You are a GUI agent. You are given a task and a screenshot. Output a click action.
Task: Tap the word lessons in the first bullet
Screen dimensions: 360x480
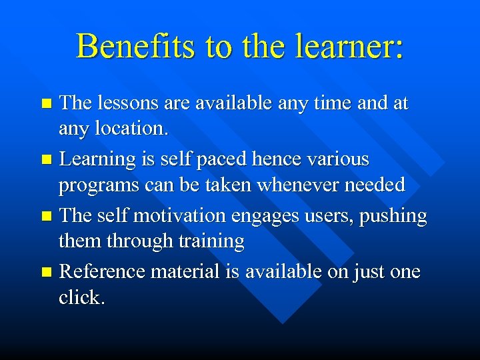(125, 103)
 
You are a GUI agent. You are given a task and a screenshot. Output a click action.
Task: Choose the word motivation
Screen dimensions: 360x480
(177, 216)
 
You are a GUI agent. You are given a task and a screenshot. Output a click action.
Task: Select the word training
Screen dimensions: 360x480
(210, 241)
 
